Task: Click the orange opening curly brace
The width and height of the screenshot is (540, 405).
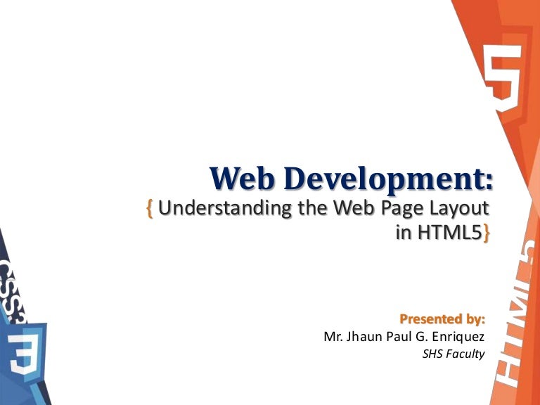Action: tap(150, 209)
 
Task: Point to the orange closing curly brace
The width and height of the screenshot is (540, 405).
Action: tap(485, 233)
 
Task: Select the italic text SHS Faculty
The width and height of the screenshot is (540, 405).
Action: tap(454, 354)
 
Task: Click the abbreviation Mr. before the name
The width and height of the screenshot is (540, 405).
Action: tap(333, 337)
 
